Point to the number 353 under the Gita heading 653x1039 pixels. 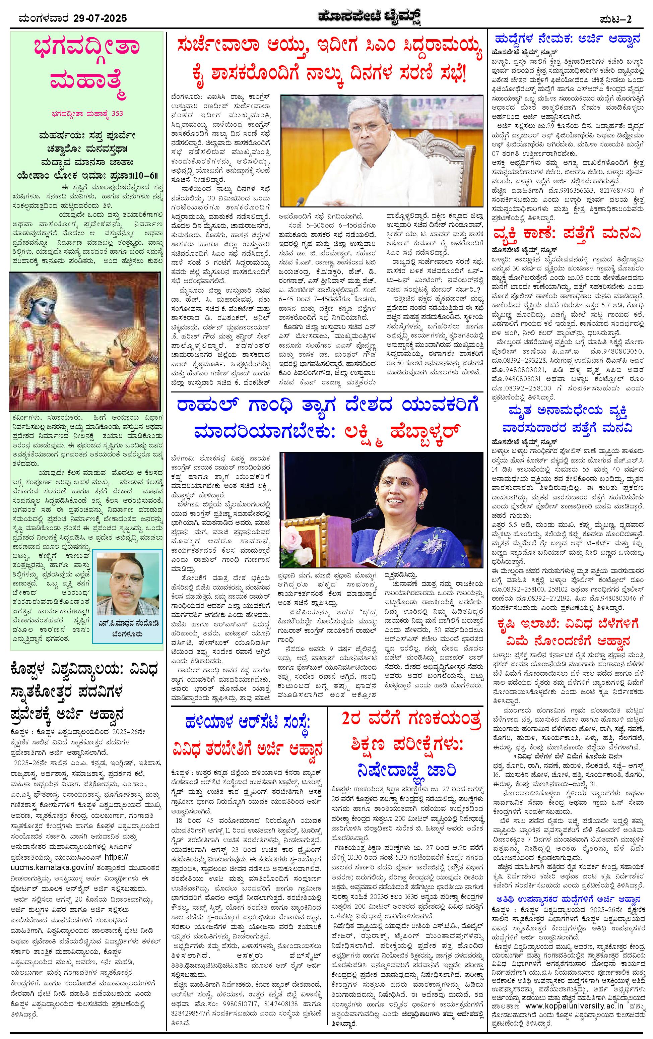(x=117, y=114)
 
